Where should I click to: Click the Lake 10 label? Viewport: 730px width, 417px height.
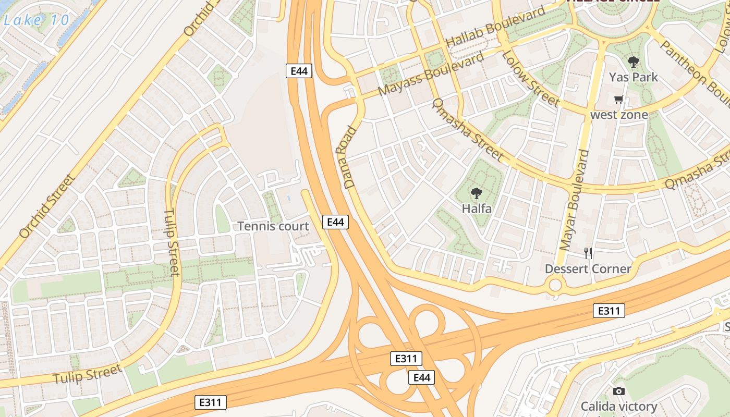tap(36, 20)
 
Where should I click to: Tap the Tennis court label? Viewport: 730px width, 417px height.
tap(273, 226)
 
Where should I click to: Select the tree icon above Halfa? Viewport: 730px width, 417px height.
tap(476, 194)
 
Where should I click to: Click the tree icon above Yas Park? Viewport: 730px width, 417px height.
tap(634, 63)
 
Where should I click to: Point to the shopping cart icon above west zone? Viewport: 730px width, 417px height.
tap(619, 99)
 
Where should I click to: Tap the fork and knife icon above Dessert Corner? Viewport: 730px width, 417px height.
tap(588, 253)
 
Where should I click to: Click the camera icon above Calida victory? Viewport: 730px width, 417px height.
tap(618, 391)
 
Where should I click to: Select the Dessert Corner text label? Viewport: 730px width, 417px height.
tap(588, 269)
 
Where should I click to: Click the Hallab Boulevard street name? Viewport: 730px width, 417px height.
tap(495, 27)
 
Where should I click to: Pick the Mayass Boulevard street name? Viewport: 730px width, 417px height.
tap(431, 74)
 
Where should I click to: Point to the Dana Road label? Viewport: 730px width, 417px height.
tap(349, 157)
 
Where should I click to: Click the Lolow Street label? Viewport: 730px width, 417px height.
tap(530, 79)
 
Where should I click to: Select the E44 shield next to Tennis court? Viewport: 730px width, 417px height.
tap(335, 222)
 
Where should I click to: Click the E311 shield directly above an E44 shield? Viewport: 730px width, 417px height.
tap(406, 359)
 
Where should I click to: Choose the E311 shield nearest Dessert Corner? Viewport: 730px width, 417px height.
tap(609, 311)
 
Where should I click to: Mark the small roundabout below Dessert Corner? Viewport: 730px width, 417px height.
tap(555, 285)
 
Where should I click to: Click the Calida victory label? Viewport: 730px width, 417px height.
tap(619, 406)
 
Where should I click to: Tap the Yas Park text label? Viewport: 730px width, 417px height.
tap(634, 78)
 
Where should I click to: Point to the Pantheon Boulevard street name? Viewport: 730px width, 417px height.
tap(693, 73)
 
